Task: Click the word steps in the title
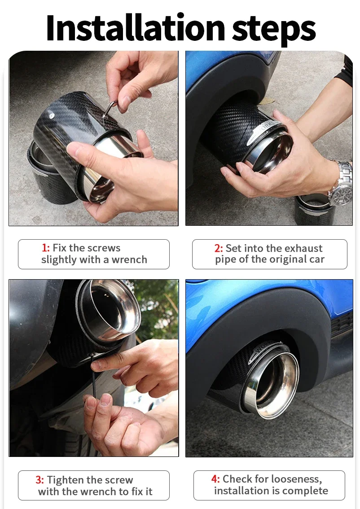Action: (x=274, y=30)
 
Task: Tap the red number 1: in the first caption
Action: (x=46, y=248)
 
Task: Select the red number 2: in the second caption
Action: (x=219, y=248)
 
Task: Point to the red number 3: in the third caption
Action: (x=40, y=480)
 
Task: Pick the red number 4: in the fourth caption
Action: (x=215, y=479)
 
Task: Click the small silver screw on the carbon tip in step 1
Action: (x=51, y=114)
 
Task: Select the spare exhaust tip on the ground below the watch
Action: (x=314, y=209)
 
